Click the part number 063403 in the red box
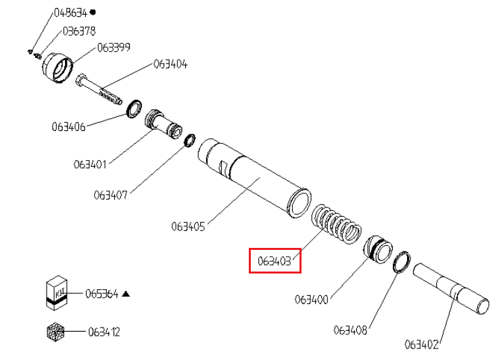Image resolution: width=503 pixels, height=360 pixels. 274,261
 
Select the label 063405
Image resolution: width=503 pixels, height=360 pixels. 188,227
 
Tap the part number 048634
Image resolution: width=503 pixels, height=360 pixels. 70,13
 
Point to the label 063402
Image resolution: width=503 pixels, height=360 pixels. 421,344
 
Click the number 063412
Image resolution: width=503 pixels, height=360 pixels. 104,332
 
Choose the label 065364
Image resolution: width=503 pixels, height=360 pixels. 101,294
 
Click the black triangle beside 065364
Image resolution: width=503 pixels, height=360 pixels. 126,294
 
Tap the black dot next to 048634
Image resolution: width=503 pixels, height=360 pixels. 93,13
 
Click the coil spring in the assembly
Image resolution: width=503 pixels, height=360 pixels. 336,224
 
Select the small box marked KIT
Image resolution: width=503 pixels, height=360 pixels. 57,292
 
